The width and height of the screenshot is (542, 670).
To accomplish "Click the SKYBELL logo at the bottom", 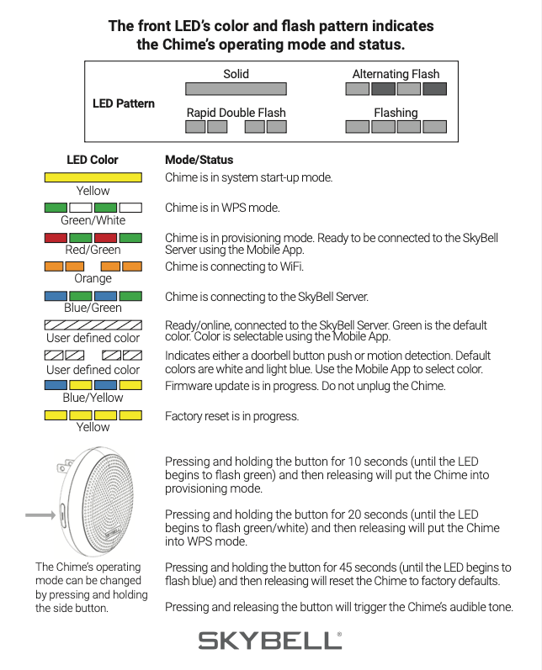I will [x=270, y=641].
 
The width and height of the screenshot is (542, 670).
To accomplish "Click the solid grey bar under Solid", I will [x=236, y=88].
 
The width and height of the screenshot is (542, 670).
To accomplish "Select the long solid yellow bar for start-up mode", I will [x=93, y=177].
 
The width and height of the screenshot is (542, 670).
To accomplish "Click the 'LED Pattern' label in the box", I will [x=123, y=103].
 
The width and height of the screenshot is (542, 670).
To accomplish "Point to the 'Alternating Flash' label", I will [x=396, y=74].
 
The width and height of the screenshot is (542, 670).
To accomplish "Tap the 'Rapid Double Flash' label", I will [x=236, y=113].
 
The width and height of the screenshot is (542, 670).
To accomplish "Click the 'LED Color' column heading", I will [x=93, y=160].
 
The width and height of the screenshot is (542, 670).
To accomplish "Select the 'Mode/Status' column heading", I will [x=199, y=160].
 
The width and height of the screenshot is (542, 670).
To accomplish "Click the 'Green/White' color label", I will [x=93, y=220].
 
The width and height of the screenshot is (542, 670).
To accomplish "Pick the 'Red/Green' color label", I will [x=93, y=250].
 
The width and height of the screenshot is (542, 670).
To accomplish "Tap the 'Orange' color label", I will [x=93, y=278].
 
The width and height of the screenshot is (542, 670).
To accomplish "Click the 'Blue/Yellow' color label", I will [x=93, y=398].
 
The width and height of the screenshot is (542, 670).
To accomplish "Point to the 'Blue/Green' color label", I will [x=93, y=308].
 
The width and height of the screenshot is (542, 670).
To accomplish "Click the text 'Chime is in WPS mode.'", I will [x=222, y=208].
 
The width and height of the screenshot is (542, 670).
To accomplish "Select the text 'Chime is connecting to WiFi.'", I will [x=234, y=267].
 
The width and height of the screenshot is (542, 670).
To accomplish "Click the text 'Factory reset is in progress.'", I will [x=232, y=416].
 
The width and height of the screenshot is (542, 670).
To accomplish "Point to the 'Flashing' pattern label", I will [x=396, y=113].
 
